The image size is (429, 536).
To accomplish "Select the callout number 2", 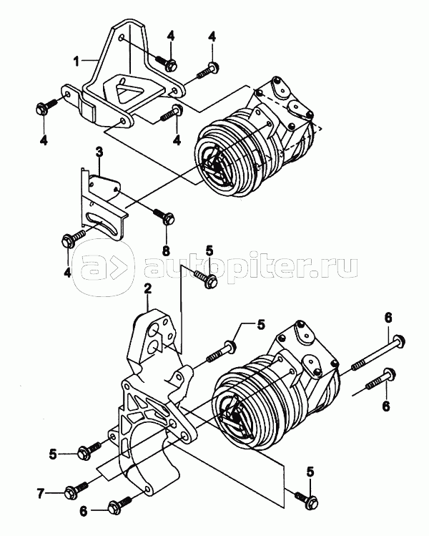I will click(x=148, y=289).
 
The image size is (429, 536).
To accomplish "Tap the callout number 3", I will click(x=99, y=151).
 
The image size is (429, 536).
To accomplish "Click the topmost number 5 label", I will click(x=209, y=250).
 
